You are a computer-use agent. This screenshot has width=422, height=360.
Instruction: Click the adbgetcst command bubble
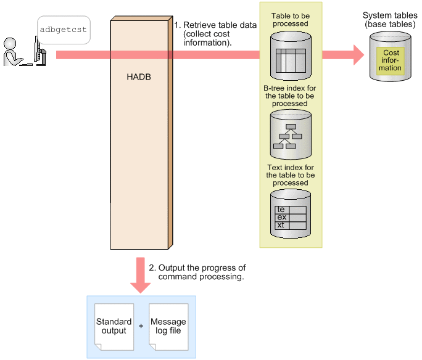point(64,30)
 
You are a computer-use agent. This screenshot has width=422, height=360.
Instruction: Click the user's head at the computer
point(10,44)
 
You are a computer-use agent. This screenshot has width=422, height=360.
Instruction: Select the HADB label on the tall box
point(139,77)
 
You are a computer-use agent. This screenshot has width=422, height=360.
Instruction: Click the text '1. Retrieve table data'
point(215,25)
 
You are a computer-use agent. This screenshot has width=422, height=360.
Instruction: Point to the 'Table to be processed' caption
point(291,20)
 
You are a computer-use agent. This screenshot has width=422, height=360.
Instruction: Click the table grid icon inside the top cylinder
point(291,61)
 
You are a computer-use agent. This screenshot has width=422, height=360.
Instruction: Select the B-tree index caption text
point(289,96)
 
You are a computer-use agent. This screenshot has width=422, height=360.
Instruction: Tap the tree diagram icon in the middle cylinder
point(288,136)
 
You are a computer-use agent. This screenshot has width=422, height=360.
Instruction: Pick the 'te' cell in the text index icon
point(281,210)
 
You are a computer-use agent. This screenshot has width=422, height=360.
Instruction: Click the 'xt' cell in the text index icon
point(281,225)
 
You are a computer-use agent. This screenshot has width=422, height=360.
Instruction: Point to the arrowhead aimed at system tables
point(358,55)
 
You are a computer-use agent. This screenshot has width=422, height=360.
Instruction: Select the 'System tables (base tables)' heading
point(390,20)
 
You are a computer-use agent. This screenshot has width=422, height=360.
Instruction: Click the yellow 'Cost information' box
point(391,60)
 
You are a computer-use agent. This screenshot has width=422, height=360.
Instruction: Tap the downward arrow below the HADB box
point(140,276)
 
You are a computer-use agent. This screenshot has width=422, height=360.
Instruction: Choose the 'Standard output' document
point(114,327)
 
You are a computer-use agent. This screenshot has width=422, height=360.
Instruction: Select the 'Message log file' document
point(168,327)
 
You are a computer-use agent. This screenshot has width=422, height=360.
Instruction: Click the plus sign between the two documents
point(141,326)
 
